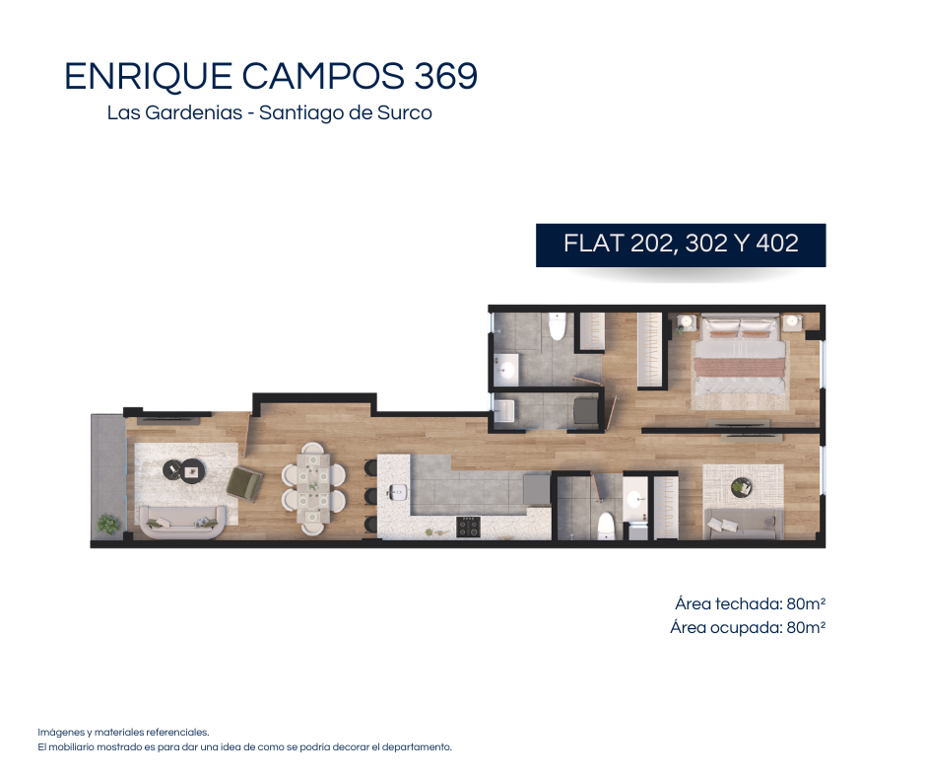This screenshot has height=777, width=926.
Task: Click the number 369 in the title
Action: [x=446, y=76]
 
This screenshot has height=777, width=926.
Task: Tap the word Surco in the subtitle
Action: [x=405, y=112]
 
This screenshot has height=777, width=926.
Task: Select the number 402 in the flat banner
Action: [x=776, y=243]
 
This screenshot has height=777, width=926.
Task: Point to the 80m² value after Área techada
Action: [x=806, y=603]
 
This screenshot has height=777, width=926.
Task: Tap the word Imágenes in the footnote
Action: [x=62, y=733]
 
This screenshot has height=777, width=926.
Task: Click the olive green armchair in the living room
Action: [x=245, y=483]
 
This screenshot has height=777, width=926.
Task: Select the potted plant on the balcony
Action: [x=108, y=524]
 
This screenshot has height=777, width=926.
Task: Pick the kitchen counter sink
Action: [x=397, y=491]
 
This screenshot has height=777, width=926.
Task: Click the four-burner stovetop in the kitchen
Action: [x=468, y=527]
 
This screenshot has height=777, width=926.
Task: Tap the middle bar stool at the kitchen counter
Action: [x=370, y=496]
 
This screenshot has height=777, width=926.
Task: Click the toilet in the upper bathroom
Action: [x=557, y=325]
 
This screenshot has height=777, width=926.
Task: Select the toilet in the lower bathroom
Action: [x=606, y=527]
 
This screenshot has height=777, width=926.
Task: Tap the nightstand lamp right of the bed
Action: [x=792, y=321]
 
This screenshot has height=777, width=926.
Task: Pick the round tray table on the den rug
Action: [x=741, y=488]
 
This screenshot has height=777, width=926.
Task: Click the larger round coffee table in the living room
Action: [x=192, y=471]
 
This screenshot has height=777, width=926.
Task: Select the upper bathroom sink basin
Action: [x=505, y=371]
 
